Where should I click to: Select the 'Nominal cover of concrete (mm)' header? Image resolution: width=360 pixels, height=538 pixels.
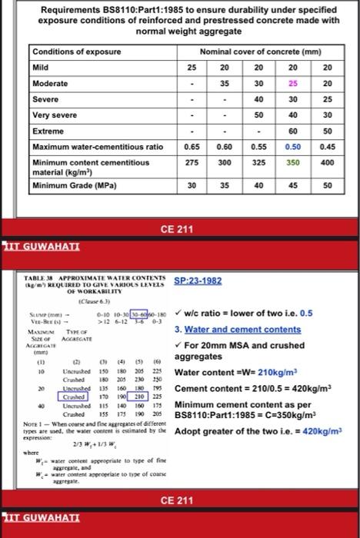(259, 51)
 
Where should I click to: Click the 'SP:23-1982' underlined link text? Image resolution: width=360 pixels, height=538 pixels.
(198, 281)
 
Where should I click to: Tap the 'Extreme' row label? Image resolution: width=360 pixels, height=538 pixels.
(48, 130)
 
